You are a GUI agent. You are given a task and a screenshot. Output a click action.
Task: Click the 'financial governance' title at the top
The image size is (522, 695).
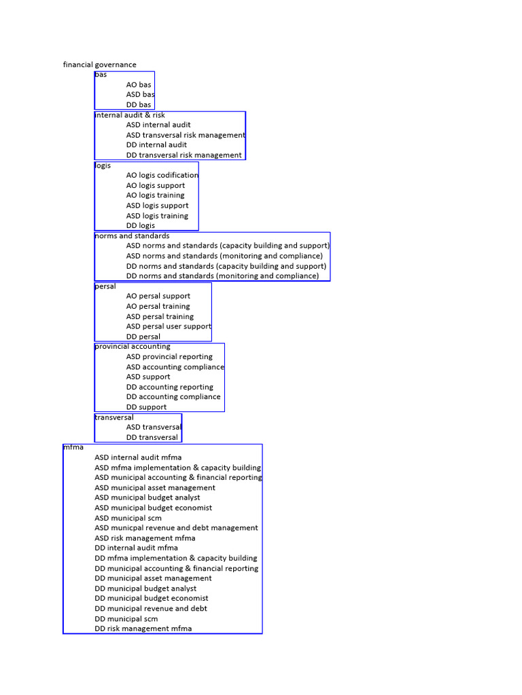[x=99, y=64]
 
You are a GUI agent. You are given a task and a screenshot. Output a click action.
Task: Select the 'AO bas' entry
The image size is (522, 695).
[x=139, y=85]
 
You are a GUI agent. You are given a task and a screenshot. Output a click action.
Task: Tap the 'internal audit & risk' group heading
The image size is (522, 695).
[x=130, y=115]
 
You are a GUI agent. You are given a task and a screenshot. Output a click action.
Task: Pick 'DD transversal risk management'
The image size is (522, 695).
[x=184, y=155]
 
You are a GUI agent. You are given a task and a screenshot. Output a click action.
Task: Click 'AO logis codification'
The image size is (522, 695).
[x=162, y=176]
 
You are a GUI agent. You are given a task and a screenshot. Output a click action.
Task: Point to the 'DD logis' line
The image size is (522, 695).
[x=140, y=225]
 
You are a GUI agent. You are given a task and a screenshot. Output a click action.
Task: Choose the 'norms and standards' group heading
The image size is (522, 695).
[x=132, y=236]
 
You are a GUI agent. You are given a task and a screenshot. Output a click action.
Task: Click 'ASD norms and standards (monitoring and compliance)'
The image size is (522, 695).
[x=224, y=256]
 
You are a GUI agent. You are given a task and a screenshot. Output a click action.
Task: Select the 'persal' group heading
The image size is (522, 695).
[x=105, y=286]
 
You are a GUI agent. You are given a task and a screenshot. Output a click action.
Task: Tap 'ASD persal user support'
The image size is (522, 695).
[x=169, y=326]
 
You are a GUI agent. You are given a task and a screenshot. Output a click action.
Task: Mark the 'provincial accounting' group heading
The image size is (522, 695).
[x=133, y=347]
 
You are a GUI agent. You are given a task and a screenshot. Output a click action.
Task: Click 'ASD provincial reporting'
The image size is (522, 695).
[x=169, y=357]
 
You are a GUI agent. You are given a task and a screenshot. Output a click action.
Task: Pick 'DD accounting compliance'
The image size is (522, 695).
[x=173, y=397]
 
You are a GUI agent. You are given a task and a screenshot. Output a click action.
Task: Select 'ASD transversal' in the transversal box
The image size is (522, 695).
[x=154, y=428]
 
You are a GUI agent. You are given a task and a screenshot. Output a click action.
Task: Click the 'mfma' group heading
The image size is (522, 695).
[x=73, y=447]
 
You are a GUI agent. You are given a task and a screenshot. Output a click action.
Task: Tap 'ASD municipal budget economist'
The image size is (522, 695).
[x=153, y=508]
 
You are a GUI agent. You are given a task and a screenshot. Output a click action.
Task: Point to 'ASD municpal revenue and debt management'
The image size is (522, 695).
[x=176, y=528]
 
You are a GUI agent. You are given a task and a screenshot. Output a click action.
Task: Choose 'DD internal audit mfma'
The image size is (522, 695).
[x=136, y=548]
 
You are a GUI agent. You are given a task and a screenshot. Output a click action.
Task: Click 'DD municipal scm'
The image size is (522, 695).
[x=126, y=619]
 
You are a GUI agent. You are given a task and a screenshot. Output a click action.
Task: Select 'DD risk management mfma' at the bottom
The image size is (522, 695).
[x=143, y=629]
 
